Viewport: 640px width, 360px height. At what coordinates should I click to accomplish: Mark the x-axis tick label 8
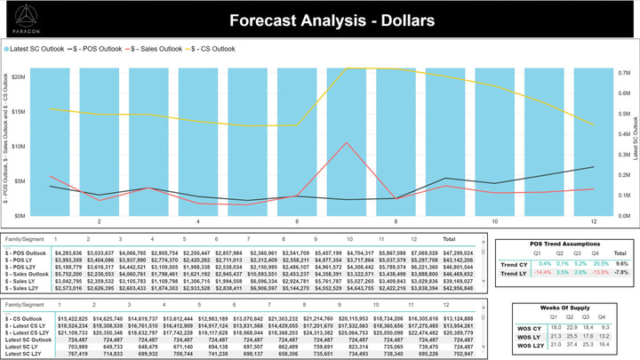tap(395, 221)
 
